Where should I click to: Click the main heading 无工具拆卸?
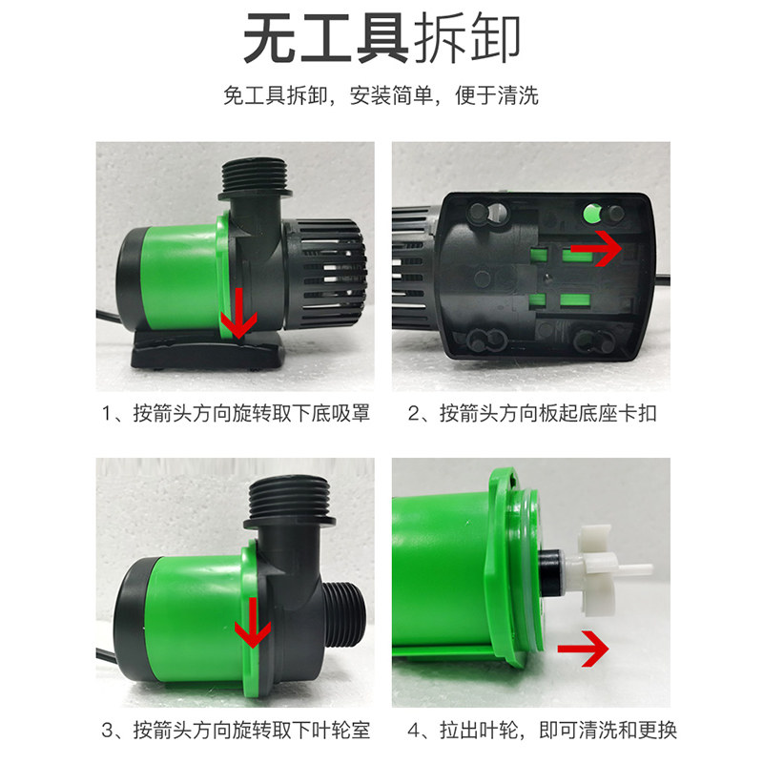point(382,38)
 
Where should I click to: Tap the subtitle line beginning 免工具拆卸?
point(381,94)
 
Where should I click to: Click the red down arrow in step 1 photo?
point(239,313)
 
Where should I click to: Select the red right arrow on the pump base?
point(597,248)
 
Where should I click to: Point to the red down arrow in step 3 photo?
point(253,623)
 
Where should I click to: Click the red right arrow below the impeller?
point(583,649)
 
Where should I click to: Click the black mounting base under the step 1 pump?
point(208,349)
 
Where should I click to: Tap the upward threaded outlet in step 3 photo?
point(290,503)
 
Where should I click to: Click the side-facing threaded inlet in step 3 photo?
point(342,614)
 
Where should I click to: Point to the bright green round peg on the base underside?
point(591,213)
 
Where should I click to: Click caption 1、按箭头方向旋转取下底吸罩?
point(236,414)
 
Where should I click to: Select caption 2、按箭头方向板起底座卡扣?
point(532,414)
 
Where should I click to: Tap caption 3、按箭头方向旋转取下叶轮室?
point(236,730)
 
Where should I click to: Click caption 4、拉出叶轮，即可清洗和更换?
point(543,730)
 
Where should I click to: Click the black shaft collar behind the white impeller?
point(550,572)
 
